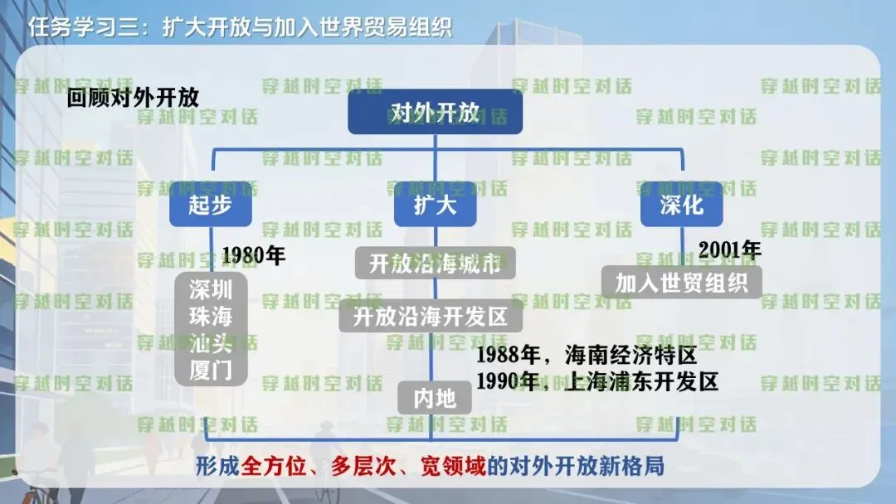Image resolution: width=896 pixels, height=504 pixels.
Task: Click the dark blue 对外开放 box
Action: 435,113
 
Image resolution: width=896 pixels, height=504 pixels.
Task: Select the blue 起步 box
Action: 211,205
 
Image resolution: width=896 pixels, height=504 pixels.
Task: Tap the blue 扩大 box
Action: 435,205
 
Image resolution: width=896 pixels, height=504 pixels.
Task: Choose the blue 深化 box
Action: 681,205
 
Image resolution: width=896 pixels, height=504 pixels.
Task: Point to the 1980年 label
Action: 254,255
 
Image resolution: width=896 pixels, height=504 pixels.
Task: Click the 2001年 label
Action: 729,249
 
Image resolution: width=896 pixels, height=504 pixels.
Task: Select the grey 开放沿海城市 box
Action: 435,264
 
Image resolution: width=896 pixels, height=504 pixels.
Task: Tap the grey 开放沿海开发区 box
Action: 431,316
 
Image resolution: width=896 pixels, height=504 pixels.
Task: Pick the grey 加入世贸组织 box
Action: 681,282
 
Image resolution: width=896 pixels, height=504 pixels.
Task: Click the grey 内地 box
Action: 435,398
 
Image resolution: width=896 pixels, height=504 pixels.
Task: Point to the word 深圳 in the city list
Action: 211,289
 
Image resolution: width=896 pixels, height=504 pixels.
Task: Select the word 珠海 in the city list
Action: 211,317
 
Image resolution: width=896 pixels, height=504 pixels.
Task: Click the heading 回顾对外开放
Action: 134,97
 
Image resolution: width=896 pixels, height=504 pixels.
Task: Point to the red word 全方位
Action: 268,466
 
